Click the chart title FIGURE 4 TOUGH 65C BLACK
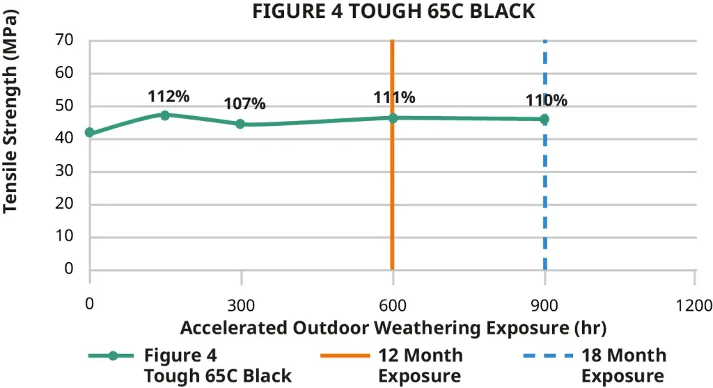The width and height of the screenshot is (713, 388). (393, 12)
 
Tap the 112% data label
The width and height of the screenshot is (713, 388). (169, 97)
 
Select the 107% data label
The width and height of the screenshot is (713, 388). (244, 104)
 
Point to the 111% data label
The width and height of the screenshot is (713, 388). (394, 97)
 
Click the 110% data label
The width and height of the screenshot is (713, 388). (547, 100)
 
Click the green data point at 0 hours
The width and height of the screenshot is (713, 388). (89, 133)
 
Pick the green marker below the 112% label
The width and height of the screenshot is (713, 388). (165, 115)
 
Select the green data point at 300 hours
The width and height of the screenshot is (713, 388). (240, 124)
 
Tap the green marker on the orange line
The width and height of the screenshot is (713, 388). (393, 118)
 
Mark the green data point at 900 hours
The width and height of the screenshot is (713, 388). (544, 119)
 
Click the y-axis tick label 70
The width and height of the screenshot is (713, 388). (64, 40)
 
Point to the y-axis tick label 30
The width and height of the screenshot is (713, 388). (64, 171)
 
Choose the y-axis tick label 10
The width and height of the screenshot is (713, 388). (64, 236)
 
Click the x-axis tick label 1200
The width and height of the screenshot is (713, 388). (694, 305)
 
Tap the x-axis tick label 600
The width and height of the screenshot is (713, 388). (393, 305)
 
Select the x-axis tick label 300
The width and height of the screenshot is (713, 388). (241, 305)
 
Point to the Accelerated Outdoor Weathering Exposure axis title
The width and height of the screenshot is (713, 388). (393, 327)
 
